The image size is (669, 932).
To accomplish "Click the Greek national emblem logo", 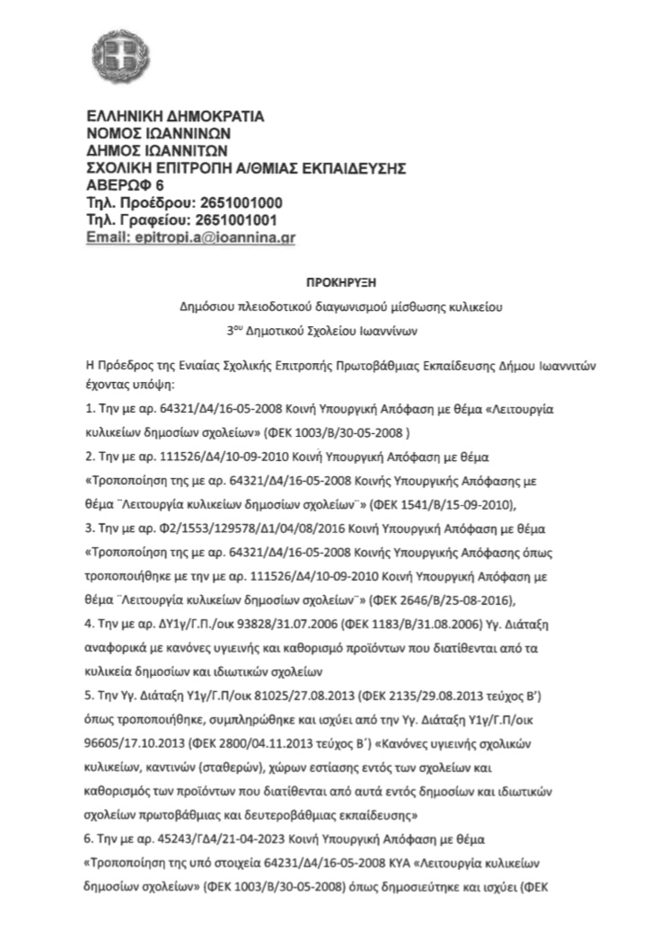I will tap(112, 53).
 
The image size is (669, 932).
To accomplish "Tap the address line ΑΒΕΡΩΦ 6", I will tap(119, 184).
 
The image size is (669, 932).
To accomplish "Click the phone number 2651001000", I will tap(233, 201).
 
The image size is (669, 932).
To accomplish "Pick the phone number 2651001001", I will tap(233, 219).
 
